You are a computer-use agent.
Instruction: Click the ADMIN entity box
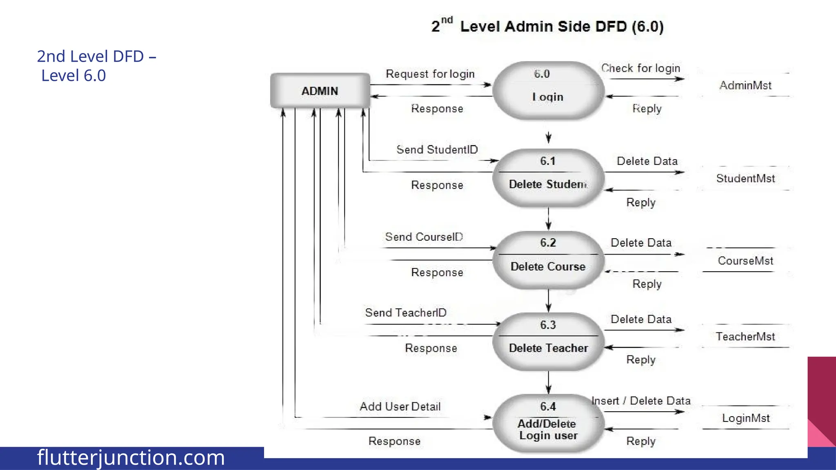[x=320, y=91]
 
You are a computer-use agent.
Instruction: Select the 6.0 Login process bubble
[x=548, y=90]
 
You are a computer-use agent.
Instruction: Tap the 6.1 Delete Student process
[x=548, y=178]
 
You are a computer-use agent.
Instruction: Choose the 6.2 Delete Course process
[x=548, y=260]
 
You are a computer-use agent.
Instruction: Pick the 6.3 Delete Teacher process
[x=548, y=342]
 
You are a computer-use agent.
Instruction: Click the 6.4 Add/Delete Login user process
[x=548, y=423]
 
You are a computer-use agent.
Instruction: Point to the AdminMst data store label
[x=745, y=85]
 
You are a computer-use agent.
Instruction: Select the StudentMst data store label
[x=745, y=178]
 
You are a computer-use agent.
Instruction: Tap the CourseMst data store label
[x=745, y=261]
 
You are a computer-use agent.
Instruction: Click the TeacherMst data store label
[x=745, y=337]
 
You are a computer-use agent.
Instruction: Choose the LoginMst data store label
[x=746, y=418]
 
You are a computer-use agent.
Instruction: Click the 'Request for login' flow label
[x=430, y=74]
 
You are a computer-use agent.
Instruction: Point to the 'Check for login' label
[x=640, y=68]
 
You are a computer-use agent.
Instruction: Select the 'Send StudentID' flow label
[x=437, y=150]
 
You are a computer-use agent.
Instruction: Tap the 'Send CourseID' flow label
[x=424, y=237]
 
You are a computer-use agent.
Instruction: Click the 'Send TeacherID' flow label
[x=406, y=313]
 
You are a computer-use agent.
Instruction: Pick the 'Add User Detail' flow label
[x=400, y=407]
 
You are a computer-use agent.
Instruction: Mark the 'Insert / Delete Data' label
[x=641, y=401]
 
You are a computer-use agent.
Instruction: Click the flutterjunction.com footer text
[x=131, y=457]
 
